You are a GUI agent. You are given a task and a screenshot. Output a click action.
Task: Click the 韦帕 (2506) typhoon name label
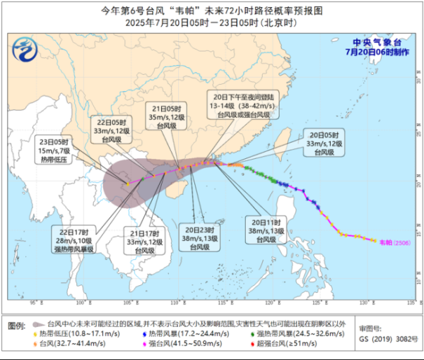391,241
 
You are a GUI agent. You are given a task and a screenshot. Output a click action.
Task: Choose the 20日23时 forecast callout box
199,238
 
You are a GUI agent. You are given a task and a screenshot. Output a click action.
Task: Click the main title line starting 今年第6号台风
211,9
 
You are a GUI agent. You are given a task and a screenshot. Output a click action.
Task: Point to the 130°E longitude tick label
363,303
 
